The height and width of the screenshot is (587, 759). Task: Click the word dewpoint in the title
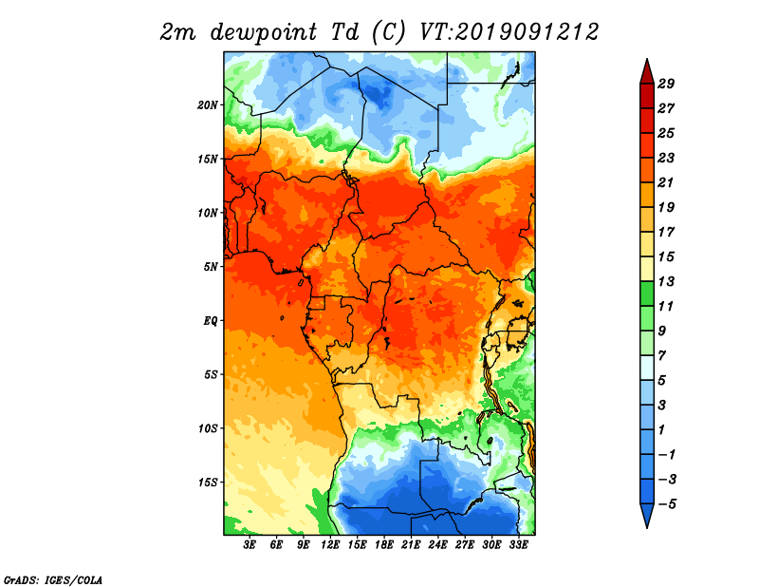(x=264, y=32)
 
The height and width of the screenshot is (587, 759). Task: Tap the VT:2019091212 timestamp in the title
(x=509, y=32)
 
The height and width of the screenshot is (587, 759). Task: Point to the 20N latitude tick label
(x=207, y=105)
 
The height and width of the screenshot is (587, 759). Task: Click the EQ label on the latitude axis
(x=211, y=321)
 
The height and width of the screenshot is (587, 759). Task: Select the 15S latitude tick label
(x=208, y=483)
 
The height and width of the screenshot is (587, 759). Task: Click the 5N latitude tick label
(x=211, y=267)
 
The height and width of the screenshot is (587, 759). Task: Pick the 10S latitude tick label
(x=208, y=428)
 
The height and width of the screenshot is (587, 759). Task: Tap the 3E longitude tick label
(x=250, y=545)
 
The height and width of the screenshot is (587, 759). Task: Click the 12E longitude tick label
(x=330, y=545)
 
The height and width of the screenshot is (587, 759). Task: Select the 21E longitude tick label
(x=411, y=545)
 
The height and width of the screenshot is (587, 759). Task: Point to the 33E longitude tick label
(x=518, y=545)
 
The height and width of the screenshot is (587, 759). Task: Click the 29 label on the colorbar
(x=666, y=84)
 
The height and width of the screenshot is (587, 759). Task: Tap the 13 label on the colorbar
(x=666, y=281)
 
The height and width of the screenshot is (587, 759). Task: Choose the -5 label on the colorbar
(x=667, y=504)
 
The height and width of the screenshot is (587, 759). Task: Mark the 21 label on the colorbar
(x=666, y=182)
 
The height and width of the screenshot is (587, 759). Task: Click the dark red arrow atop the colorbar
(x=647, y=72)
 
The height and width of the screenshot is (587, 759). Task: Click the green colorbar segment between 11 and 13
(x=647, y=293)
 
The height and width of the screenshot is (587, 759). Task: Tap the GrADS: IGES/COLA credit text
(x=53, y=580)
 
